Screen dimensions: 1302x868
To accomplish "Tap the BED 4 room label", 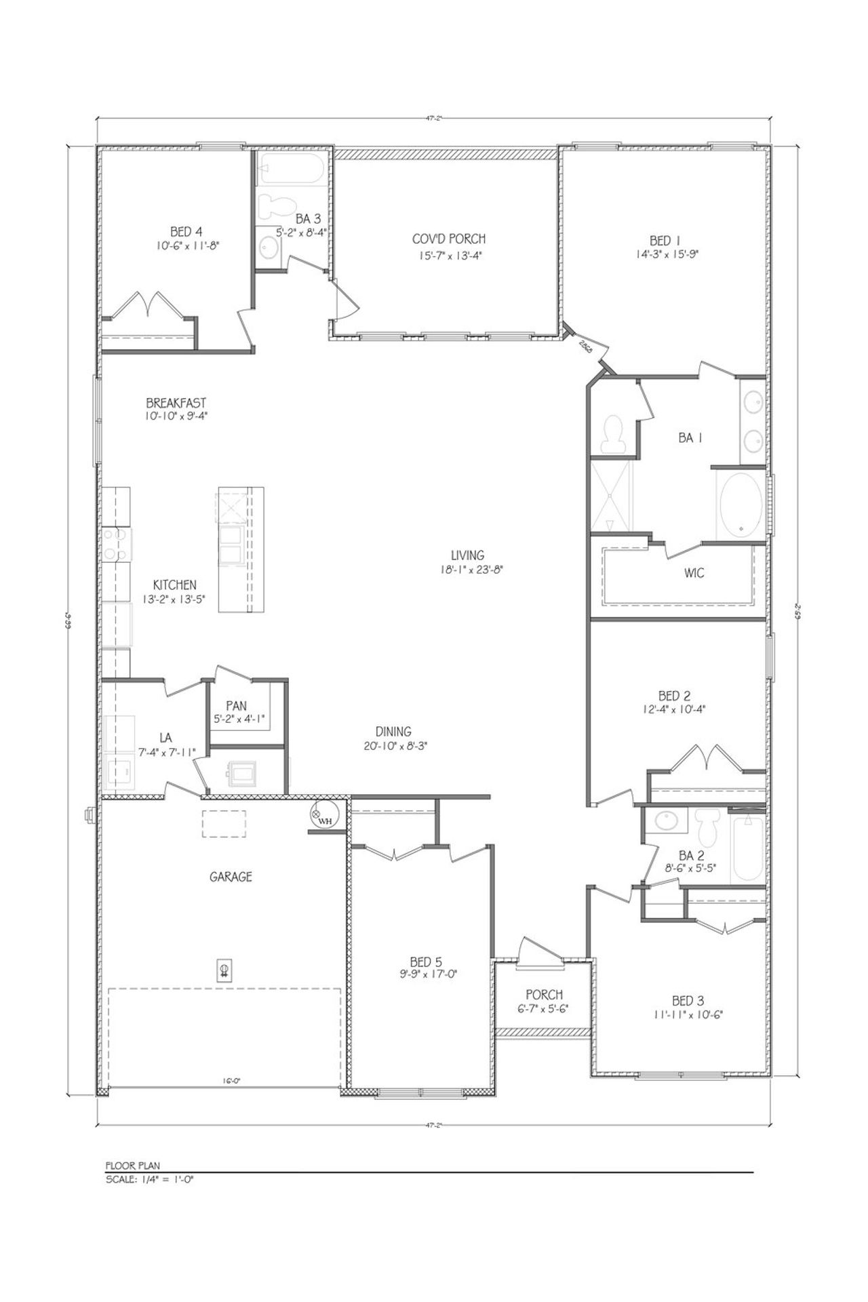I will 176,231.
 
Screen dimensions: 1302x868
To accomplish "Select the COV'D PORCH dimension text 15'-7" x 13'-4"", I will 449,256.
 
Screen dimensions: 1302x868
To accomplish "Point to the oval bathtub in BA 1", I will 740,504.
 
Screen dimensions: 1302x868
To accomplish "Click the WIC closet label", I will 694,573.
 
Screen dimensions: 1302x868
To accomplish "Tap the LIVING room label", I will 469,555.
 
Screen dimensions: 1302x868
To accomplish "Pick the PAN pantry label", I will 237,707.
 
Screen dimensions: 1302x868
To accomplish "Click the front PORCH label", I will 545,994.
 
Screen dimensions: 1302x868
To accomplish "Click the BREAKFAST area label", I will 175,403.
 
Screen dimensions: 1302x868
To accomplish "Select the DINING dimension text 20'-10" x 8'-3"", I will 394,745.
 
